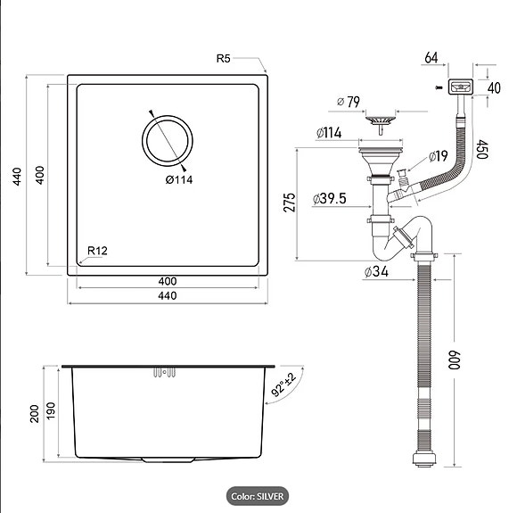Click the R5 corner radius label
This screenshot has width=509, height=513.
pos(223,59)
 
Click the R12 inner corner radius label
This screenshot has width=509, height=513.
pos(97,251)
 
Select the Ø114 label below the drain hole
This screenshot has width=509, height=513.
pos(179,179)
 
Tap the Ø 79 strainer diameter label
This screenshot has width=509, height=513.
pos(349,102)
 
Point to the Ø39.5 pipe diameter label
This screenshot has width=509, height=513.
pos(329,199)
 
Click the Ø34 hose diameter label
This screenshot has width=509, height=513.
pos(376,271)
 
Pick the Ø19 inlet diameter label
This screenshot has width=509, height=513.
pos(438,156)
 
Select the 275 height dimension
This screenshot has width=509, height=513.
pos(290,203)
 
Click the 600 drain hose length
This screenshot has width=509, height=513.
pos(454,360)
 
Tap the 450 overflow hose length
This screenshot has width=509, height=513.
pos(482,149)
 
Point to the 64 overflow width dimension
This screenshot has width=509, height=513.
pos(431,58)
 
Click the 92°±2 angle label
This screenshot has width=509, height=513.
pos(283,385)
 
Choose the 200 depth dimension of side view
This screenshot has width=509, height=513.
pos(35,414)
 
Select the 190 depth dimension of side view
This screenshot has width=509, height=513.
pos(51,410)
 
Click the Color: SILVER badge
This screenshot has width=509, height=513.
pos(258,496)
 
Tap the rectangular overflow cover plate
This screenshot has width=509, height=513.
pos(460,87)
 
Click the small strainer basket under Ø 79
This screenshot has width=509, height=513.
pos(381,123)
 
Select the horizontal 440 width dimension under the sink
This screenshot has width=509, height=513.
pos(168,296)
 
